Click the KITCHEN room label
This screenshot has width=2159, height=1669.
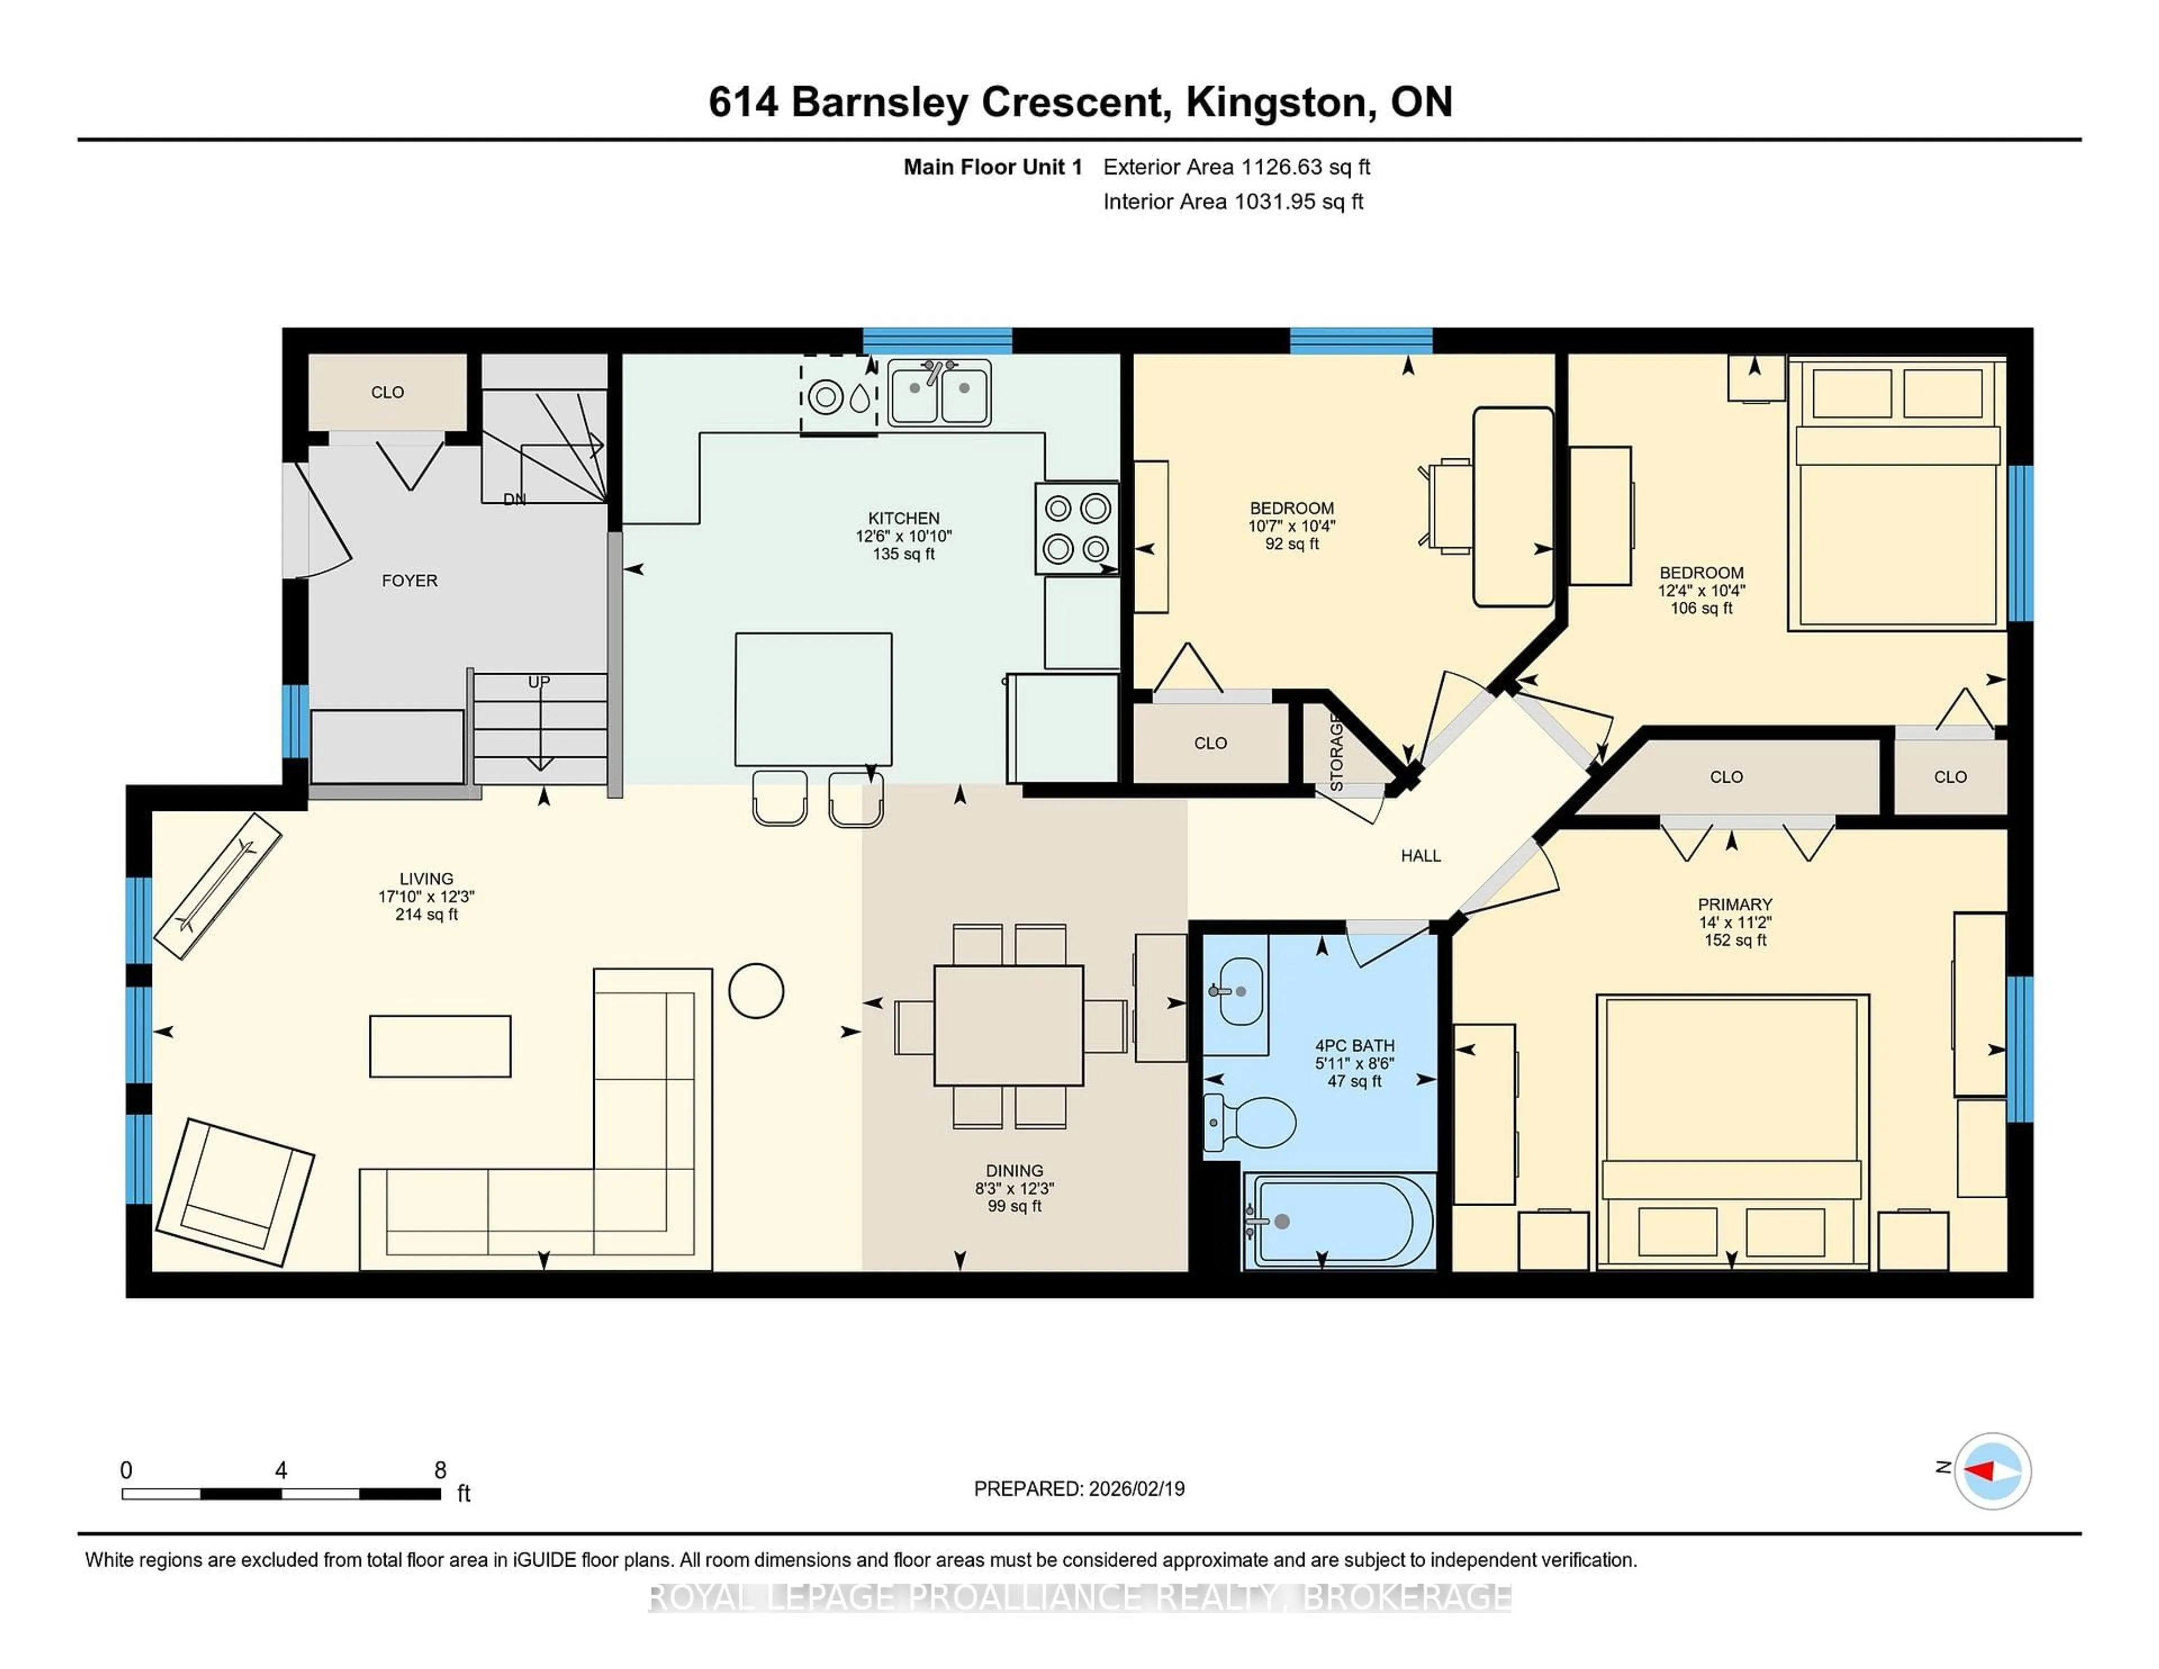click(904, 518)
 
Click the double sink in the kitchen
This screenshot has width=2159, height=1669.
click(939, 393)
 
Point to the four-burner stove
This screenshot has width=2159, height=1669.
click(1077, 528)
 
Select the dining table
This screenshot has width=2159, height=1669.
click(1008, 1025)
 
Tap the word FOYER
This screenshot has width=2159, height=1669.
click(409, 580)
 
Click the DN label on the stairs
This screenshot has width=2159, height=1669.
click(514, 499)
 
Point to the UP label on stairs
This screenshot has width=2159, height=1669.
click(539, 682)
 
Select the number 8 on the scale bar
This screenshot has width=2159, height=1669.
click(441, 1470)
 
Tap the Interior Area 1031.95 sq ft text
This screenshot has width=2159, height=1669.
click(1233, 202)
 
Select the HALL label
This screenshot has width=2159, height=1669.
click(1421, 855)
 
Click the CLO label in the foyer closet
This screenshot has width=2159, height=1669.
click(387, 393)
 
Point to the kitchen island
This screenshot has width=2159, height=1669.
click(812, 699)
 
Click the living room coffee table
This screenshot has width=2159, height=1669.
click(440, 1046)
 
